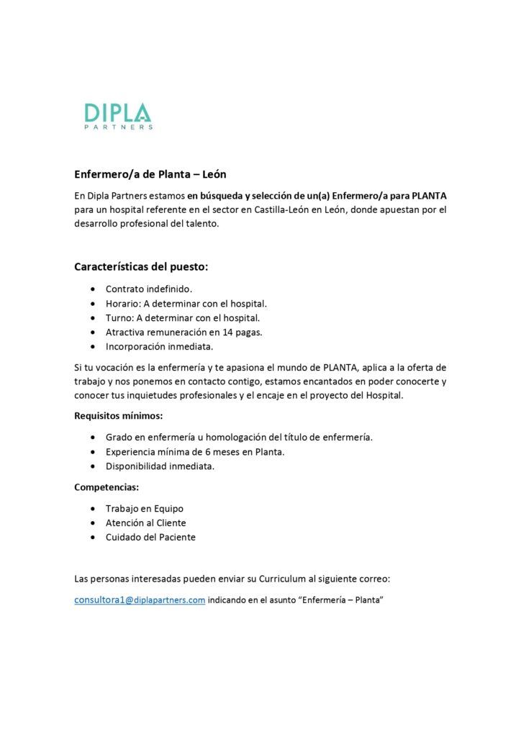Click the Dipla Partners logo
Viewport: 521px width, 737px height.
click(118, 116)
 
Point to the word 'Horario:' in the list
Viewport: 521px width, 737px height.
click(122, 303)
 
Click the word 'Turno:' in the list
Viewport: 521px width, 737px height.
click(119, 317)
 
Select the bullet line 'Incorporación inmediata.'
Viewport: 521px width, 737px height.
click(159, 346)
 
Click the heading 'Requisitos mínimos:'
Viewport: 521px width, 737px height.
click(119, 415)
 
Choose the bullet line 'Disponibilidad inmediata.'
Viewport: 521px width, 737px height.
click(160, 466)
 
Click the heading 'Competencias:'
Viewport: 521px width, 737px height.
click(107, 487)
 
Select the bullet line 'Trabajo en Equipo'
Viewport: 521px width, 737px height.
click(144, 508)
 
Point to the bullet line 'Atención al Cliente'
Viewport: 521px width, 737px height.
click(145, 523)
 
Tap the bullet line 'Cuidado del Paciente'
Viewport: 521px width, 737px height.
click(150, 537)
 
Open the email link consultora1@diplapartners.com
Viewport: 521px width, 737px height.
click(140, 600)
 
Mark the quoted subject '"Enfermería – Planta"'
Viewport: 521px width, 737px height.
click(340, 600)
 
